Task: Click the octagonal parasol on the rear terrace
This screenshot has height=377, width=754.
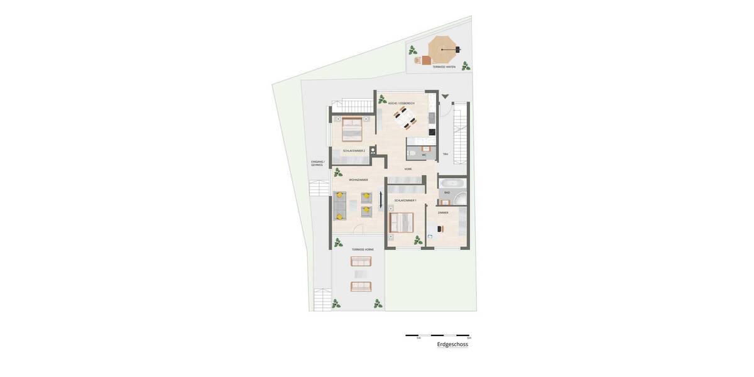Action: click(x=442, y=48)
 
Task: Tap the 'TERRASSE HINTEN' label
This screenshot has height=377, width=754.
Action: click(x=444, y=67)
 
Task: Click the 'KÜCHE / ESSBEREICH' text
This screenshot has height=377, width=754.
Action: click(x=401, y=103)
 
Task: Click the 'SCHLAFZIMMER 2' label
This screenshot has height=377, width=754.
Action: click(x=354, y=151)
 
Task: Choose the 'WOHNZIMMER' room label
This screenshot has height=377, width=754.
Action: click(x=358, y=180)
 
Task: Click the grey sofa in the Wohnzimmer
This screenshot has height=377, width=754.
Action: click(x=339, y=205)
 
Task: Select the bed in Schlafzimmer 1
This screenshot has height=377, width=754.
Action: click(x=401, y=222)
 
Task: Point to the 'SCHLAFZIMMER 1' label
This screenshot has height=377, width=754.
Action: click(x=405, y=200)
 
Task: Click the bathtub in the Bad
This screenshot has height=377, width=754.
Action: click(x=451, y=183)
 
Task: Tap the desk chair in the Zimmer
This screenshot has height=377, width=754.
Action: click(x=439, y=229)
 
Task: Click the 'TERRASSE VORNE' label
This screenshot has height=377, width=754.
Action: click(x=363, y=249)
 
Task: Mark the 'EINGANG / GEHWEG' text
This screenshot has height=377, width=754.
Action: click(x=317, y=163)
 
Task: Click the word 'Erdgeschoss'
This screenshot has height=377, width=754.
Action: click(x=452, y=344)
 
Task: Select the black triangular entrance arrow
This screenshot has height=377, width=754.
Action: click(x=445, y=97)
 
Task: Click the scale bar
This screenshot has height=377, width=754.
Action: click(x=437, y=336)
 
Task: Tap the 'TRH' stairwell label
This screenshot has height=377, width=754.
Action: click(x=445, y=154)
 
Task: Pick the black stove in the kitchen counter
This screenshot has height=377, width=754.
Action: click(x=432, y=131)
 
